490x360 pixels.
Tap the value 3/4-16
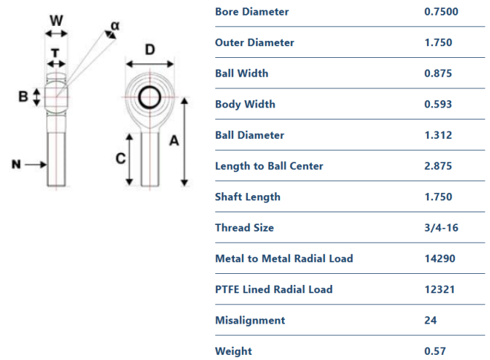pos(437,228)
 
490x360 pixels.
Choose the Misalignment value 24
pos(428,321)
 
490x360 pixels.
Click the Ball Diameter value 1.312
pos(434,135)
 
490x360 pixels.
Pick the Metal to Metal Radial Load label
pos(284,258)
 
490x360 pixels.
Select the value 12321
pos(435,289)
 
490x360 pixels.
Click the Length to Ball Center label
pos(269,166)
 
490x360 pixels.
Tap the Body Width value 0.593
pos(434,104)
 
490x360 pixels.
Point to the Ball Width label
pos(241,73)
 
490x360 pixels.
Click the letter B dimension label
pos(23,96)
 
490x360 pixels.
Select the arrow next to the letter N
pos(36,165)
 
